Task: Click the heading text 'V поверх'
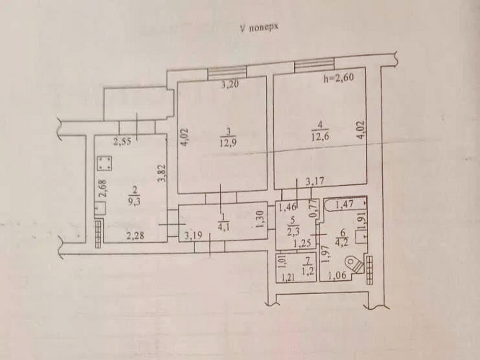pyautogui.click(x=259, y=28)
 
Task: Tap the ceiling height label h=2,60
pyautogui.click(x=339, y=77)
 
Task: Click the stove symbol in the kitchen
pyautogui.click(x=105, y=164)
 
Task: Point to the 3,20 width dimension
pyautogui.click(x=230, y=85)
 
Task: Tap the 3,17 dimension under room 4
pyautogui.click(x=315, y=182)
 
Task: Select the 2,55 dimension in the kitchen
pyautogui.click(x=122, y=142)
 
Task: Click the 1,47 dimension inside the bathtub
pyautogui.click(x=345, y=204)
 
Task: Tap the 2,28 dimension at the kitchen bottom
pyautogui.click(x=135, y=236)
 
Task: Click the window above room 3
pyautogui.click(x=227, y=72)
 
